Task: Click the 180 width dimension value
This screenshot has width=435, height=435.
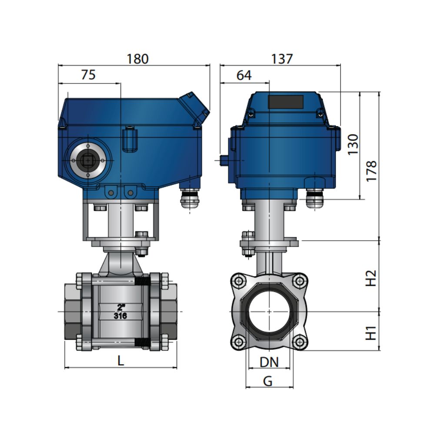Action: [137, 59]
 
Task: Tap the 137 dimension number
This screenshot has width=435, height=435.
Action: [282, 59]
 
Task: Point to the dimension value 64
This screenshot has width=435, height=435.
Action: [244, 75]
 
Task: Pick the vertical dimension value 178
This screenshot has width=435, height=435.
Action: [371, 171]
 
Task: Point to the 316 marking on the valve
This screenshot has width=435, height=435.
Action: [120, 316]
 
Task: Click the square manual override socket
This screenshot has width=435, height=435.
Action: [88, 161]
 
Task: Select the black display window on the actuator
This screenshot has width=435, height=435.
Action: [285, 102]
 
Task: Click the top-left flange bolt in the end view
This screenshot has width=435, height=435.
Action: [239, 281]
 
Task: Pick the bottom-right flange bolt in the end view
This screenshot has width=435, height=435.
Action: [299, 342]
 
